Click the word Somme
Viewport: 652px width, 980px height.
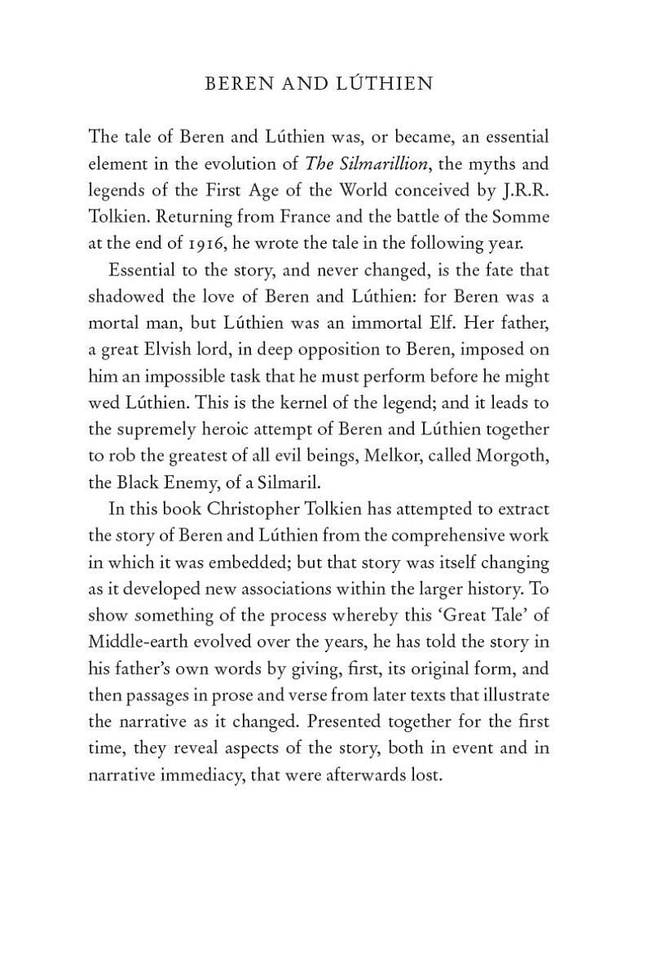(x=519, y=218)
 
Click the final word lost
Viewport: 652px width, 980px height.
(x=426, y=775)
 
